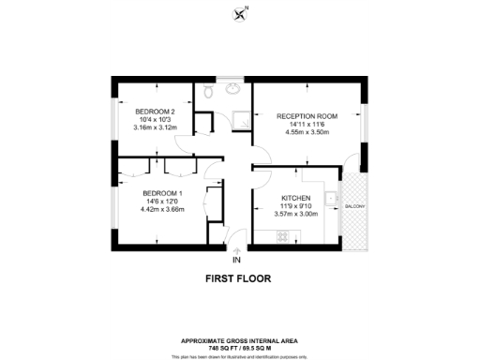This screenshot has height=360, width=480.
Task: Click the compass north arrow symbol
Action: click(239, 13)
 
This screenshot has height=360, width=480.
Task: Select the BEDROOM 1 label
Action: click(136, 193)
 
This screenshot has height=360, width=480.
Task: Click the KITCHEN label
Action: click(295, 199)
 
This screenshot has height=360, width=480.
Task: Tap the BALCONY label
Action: click(355, 206)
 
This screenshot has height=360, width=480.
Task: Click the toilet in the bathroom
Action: click(209, 91)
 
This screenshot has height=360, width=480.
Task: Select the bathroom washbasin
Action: click(233, 90)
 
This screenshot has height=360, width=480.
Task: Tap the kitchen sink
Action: click(332, 199)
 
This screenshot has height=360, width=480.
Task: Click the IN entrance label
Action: click(237, 260)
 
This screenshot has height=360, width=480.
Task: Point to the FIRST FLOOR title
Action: click(239, 279)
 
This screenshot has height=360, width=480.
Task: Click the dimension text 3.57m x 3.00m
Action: click(295, 215)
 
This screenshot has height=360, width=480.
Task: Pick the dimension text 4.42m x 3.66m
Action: click(136, 209)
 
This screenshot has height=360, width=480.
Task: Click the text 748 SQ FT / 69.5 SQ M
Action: click(239, 347)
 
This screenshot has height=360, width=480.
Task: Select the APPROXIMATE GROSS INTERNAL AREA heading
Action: click(239, 340)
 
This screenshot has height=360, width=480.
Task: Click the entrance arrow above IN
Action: click(235, 249)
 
